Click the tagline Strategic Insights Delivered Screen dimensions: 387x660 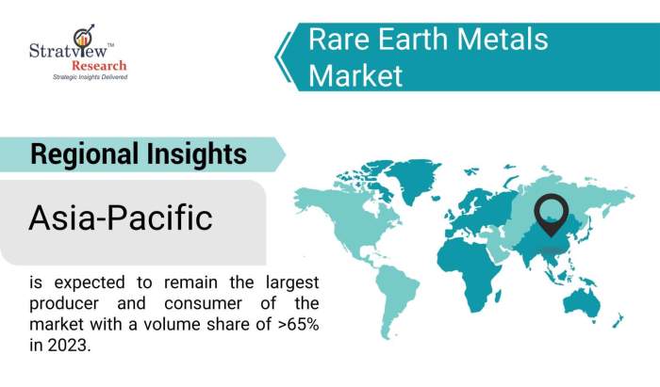tap(90, 77)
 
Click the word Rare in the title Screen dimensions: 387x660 tap(339, 40)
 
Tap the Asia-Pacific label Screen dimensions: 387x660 tap(121, 218)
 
